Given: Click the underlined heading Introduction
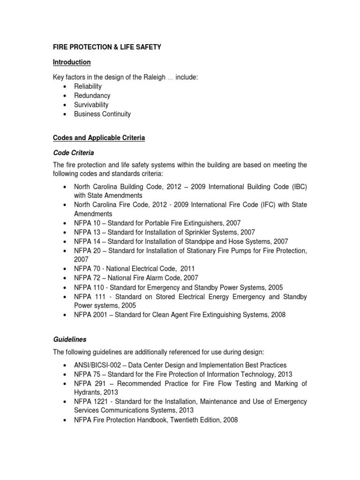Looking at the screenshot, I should pos(72,62).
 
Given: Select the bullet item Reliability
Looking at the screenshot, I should pos(88,87).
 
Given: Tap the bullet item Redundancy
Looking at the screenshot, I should pos(92,96).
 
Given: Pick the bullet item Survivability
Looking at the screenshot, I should pos(91,105).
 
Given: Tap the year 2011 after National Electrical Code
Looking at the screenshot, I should pos(186,269).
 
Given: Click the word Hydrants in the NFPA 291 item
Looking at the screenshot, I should pos(87,392).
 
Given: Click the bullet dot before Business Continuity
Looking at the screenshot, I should pos(64,114).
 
